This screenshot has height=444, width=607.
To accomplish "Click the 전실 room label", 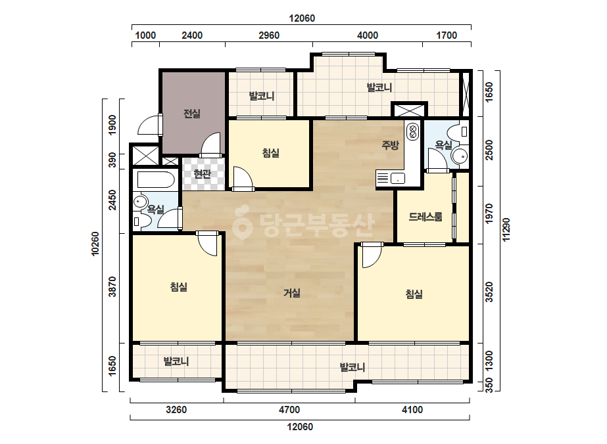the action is (191, 114).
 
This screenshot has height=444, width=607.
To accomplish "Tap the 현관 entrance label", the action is (202, 174).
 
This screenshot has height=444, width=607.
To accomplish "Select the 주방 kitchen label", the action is (390, 145).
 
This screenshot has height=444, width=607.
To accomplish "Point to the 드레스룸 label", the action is (425, 217).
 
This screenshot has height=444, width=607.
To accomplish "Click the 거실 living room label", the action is (292, 293).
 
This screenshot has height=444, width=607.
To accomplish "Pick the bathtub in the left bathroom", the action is (156, 179).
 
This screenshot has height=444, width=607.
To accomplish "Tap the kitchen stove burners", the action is (412, 131).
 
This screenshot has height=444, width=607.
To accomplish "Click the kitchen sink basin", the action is (398, 179).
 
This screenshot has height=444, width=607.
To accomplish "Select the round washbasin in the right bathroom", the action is (460, 156).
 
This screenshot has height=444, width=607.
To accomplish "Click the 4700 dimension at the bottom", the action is (289, 410).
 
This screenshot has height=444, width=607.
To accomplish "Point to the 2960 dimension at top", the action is (269, 35).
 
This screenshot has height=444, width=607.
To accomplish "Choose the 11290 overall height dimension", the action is (506, 230).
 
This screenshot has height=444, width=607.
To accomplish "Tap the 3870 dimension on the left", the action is (112, 286).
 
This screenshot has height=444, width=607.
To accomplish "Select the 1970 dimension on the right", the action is (489, 213).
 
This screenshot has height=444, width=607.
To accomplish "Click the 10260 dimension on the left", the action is (95, 244).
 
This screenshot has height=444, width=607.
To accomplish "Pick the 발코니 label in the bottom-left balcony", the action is (176, 362).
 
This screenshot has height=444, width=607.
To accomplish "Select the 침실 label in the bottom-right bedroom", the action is (414, 294).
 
